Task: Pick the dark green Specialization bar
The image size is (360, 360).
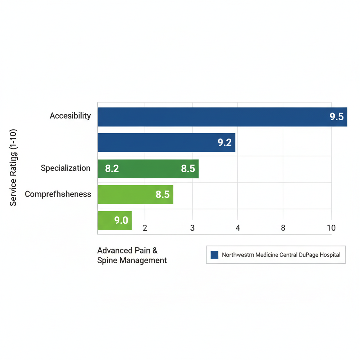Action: [148, 169]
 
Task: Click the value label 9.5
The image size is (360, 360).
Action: [336, 117]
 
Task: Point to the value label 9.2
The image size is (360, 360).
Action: [225, 143]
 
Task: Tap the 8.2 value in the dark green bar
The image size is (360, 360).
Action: [112, 169]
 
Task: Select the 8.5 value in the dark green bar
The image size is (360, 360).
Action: [188, 169]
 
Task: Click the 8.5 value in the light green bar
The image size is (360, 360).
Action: [162, 194]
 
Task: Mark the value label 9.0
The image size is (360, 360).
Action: [121, 221]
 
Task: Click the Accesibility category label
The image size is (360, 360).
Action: [70, 116]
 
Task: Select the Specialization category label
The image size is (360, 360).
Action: [65, 168]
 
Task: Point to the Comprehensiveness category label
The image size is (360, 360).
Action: [58, 194]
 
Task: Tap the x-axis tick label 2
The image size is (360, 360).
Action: [144, 228]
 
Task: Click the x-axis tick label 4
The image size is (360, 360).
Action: [238, 228]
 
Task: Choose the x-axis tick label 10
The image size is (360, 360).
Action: [331, 228]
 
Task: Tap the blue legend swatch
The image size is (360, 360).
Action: [214, 255]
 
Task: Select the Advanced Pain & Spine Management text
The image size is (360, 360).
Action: [132, 256]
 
